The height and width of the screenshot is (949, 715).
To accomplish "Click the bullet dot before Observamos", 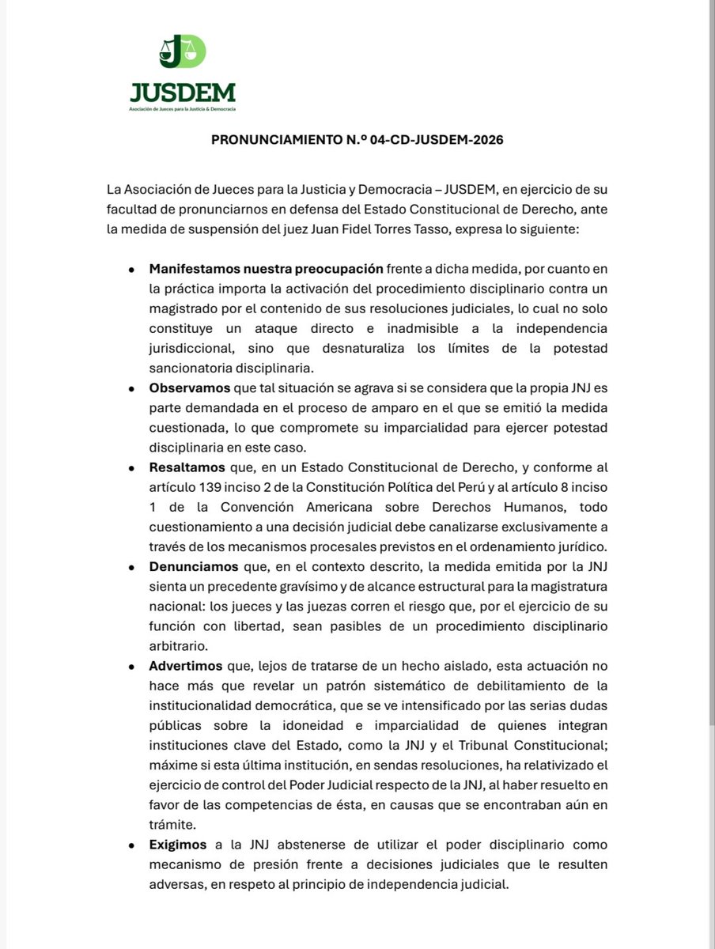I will tap(131, 388).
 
